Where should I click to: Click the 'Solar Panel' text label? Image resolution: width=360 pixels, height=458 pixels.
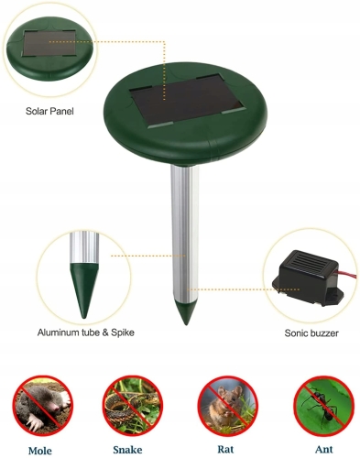49,111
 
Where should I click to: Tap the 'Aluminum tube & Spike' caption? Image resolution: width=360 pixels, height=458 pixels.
86,333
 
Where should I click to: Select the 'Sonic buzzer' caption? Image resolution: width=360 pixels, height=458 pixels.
311,333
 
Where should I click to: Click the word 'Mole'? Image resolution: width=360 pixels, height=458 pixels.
40,451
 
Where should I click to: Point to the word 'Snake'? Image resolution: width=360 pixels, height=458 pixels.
127,450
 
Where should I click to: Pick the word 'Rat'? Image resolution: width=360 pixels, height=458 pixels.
225,449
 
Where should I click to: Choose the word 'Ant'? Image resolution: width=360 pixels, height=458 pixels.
324,449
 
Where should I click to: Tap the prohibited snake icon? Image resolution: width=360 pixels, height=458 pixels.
133,406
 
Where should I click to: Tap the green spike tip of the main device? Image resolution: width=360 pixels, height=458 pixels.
186,312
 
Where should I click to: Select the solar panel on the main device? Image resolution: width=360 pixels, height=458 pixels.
188,101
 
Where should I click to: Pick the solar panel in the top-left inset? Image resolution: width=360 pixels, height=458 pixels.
49,43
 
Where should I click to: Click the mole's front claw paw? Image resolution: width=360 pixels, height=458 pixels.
35,422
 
